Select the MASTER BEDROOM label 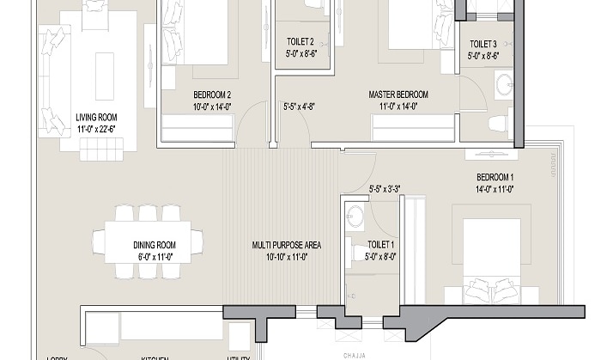click(x=398, y=95)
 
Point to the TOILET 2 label click(x=300, y=40)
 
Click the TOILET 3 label click(x=483, y=44)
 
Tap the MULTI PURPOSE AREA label click(x=287, y=245)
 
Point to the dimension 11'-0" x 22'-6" click(x=96, y=130)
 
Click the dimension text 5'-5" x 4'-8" click(x=300, y=107)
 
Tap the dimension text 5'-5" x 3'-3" click(x=385, y=188)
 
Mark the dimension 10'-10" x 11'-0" click(x=287, y=256)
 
